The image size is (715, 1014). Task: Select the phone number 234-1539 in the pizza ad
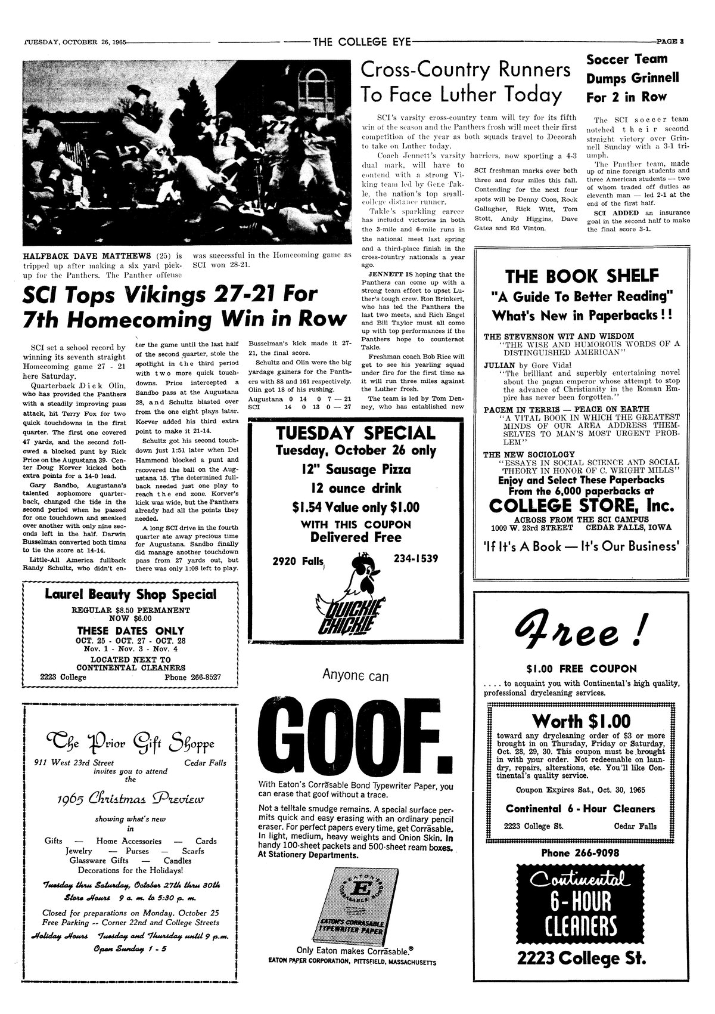416,558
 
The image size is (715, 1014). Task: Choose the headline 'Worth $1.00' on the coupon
581,720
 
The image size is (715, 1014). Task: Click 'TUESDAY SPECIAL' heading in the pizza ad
355,433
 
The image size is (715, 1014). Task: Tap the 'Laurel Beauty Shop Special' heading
130,594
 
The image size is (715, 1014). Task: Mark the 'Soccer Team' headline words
626,59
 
